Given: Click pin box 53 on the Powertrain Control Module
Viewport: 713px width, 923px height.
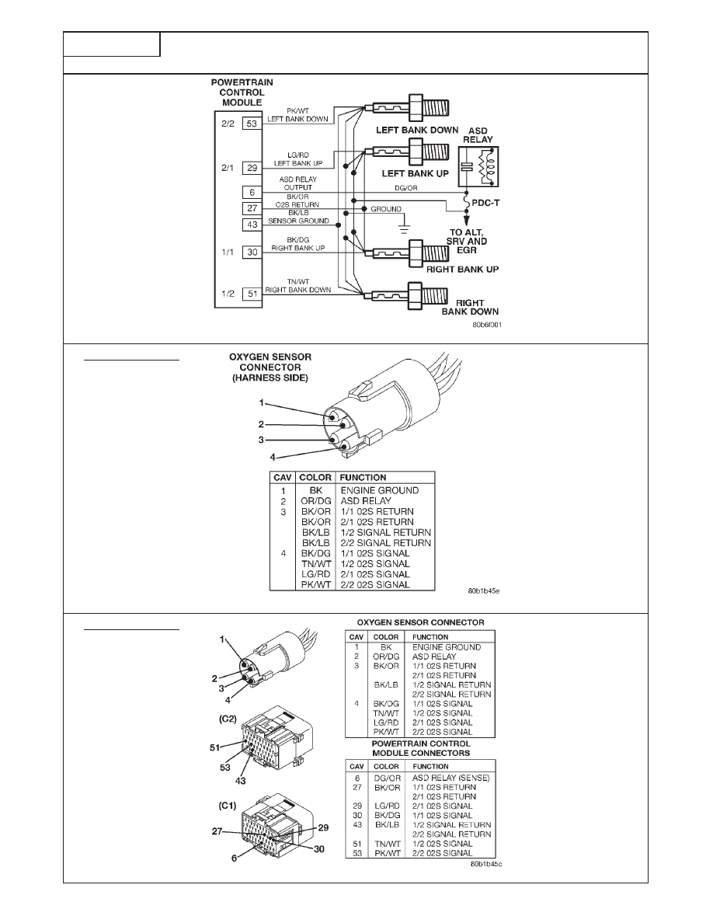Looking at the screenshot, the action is (252, 124).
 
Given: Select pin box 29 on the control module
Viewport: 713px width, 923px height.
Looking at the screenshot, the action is (252, 168).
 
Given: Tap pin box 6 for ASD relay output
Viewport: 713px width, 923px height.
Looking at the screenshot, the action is (252, 193).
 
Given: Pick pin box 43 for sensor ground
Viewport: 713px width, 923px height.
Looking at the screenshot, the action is (252, 225).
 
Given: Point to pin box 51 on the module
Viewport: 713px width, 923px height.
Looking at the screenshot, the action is (252, 293).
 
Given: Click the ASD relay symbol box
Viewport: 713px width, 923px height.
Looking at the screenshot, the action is (478, 166).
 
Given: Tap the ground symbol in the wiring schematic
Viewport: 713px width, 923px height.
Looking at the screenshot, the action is (403, 225).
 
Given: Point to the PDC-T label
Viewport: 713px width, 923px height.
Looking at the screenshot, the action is (485, 203).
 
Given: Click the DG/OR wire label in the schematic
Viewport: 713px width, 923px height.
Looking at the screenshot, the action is (406, 188).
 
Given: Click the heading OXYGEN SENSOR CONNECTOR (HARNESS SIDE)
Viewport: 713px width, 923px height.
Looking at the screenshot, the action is (270, 367).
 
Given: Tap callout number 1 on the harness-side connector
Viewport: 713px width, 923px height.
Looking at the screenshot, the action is (261, 403).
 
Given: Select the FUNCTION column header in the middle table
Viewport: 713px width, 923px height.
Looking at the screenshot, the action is (363, 477).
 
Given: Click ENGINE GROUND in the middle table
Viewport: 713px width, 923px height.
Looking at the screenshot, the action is (380, 490).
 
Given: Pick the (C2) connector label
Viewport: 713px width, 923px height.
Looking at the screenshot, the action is (228, 719).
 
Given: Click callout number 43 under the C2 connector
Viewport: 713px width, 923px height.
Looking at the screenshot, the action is (240, 781).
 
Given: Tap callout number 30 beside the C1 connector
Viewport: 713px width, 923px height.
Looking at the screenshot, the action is (319, 849).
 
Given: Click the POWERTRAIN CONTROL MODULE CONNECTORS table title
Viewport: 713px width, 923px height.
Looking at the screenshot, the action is (421, 748).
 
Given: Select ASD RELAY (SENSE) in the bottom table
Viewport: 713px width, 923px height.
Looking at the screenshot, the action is (450, 778).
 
